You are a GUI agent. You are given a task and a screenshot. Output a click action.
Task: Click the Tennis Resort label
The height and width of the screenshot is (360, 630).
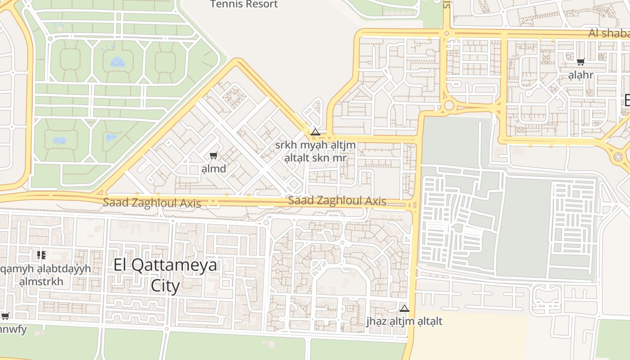(244, 4)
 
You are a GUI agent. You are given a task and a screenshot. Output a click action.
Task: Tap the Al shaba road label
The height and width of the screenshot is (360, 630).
(609, 34)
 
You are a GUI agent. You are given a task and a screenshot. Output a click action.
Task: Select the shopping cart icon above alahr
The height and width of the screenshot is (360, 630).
(580, 62)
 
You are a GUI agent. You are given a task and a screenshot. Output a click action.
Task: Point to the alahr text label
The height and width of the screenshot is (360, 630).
(580, 75)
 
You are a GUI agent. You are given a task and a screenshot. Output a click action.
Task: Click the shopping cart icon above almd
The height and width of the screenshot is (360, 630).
(213, 156)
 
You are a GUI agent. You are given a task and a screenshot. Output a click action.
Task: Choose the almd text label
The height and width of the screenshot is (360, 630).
(214, 169)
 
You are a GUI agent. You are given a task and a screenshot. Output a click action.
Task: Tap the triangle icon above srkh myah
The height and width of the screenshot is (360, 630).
(315, 132)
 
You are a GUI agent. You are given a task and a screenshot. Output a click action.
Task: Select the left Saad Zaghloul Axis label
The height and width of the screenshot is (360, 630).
(152, 203)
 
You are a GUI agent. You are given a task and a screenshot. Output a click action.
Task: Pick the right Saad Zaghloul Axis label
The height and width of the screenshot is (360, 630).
(337, 201)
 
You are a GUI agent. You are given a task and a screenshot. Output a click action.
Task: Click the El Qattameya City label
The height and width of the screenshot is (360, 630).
(165, 275)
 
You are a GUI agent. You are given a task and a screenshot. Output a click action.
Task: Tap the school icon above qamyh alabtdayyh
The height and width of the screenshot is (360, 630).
(41, 255)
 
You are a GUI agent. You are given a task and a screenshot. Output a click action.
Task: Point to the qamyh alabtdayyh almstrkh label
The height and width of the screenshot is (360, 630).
(45, 275)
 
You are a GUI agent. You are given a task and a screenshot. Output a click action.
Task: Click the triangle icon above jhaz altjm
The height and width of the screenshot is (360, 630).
(404, 309)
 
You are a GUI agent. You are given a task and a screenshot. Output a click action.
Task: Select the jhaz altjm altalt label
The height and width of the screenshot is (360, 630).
(404, 321)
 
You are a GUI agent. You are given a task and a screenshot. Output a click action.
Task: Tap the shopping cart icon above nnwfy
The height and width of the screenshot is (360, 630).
(4, 316)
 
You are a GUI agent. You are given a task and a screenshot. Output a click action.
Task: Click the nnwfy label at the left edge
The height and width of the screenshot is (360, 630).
(13, 329)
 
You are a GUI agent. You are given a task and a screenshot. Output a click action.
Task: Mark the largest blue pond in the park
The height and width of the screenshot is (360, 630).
(117, 62)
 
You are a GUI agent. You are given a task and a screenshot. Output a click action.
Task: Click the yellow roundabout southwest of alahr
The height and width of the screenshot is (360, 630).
(449, 106)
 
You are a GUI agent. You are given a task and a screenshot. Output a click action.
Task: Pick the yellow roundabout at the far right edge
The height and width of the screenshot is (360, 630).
(617, 157)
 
